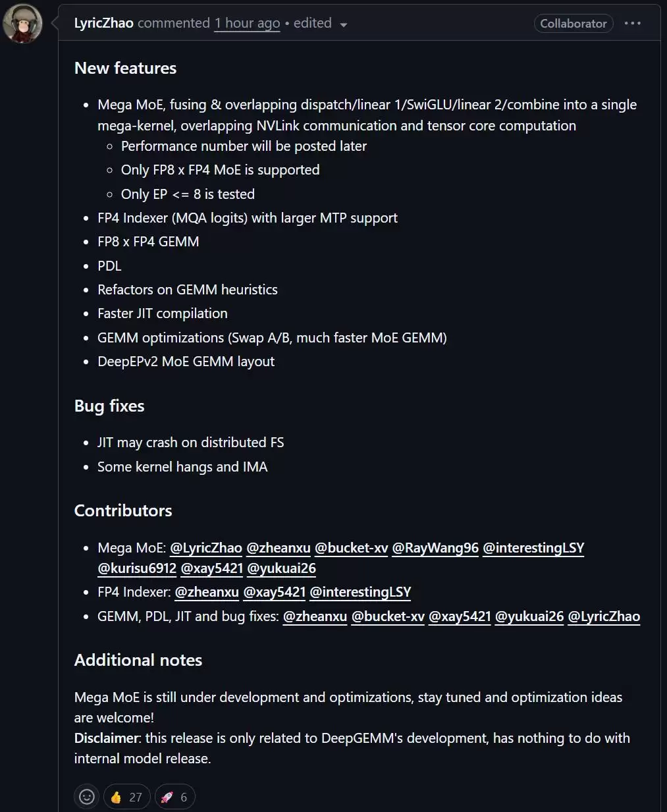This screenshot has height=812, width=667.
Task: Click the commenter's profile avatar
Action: (x=23, y=24)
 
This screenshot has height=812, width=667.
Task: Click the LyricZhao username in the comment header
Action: (x=103, y=23)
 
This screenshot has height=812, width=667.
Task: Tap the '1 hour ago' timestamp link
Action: (x=247, y=23)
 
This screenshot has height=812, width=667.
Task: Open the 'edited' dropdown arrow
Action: (x=343, y=25)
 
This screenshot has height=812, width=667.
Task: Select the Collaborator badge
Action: (x=573, y=24)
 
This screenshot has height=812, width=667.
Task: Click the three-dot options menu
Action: (x=632, y=24)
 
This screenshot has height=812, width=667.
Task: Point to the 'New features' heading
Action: (x=125, y=68)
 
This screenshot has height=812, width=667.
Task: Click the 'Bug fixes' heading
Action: (x=109, y=406)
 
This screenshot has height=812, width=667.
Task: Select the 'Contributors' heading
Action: (x=123, y=510)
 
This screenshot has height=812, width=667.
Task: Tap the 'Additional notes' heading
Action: (x=138, y=660)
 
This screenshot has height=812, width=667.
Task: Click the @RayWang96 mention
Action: (x=435, y=548)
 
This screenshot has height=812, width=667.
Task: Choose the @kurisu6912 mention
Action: (x=137, y=568)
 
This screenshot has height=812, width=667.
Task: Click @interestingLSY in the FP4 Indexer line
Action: (x=360, y=592)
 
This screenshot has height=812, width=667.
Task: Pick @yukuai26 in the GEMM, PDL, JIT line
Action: (x=529, y=616)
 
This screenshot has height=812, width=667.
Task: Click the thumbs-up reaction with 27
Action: (x=126, y=797)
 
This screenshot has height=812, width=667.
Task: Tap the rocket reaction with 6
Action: (x=175, y=797)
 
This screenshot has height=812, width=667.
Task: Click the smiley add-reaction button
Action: (x=87, y=797)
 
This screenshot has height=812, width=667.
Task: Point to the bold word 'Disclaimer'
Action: (x=107, y=738)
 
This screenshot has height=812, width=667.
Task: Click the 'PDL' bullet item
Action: (x=109, y=266)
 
